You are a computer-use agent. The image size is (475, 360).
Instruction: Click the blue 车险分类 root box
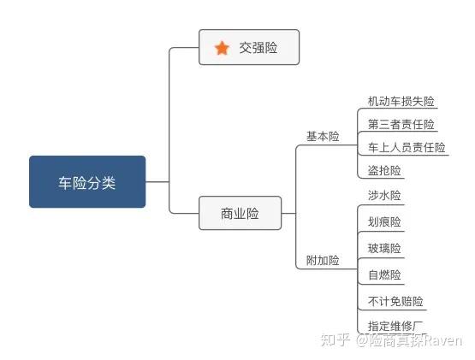click(87, 181)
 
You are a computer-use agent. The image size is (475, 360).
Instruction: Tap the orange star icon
click(222, 48)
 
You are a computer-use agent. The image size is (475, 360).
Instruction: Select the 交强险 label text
click(258, 48)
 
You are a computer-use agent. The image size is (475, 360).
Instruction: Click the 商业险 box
click(240, 213)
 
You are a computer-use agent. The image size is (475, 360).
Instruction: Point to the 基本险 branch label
click(323, 136)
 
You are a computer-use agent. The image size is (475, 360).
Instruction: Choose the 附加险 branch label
click(323, 260)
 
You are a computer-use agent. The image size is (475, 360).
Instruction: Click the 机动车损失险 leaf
click(401, 101)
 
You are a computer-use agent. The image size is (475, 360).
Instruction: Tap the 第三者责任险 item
click(401, 124)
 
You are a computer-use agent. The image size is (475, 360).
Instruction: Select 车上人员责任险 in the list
click(407, 147)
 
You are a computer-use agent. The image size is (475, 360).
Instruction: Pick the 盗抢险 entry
click(384, 170)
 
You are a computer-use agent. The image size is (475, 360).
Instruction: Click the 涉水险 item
click(384, 195)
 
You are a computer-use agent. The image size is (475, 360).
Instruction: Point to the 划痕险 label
click(384, 222)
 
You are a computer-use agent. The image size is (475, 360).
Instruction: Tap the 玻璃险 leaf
click(384, 248)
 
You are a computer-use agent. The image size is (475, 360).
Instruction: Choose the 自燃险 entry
click(384, 275)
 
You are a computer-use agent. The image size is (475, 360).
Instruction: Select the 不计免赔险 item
click(395, 301)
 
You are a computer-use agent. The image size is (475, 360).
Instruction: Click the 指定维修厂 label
click(395, 326)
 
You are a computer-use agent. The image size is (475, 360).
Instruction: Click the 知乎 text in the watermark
click(335, 340)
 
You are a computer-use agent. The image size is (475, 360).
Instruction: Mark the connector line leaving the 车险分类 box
click(157, 181)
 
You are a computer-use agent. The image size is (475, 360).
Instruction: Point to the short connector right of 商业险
click(288, 213)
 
